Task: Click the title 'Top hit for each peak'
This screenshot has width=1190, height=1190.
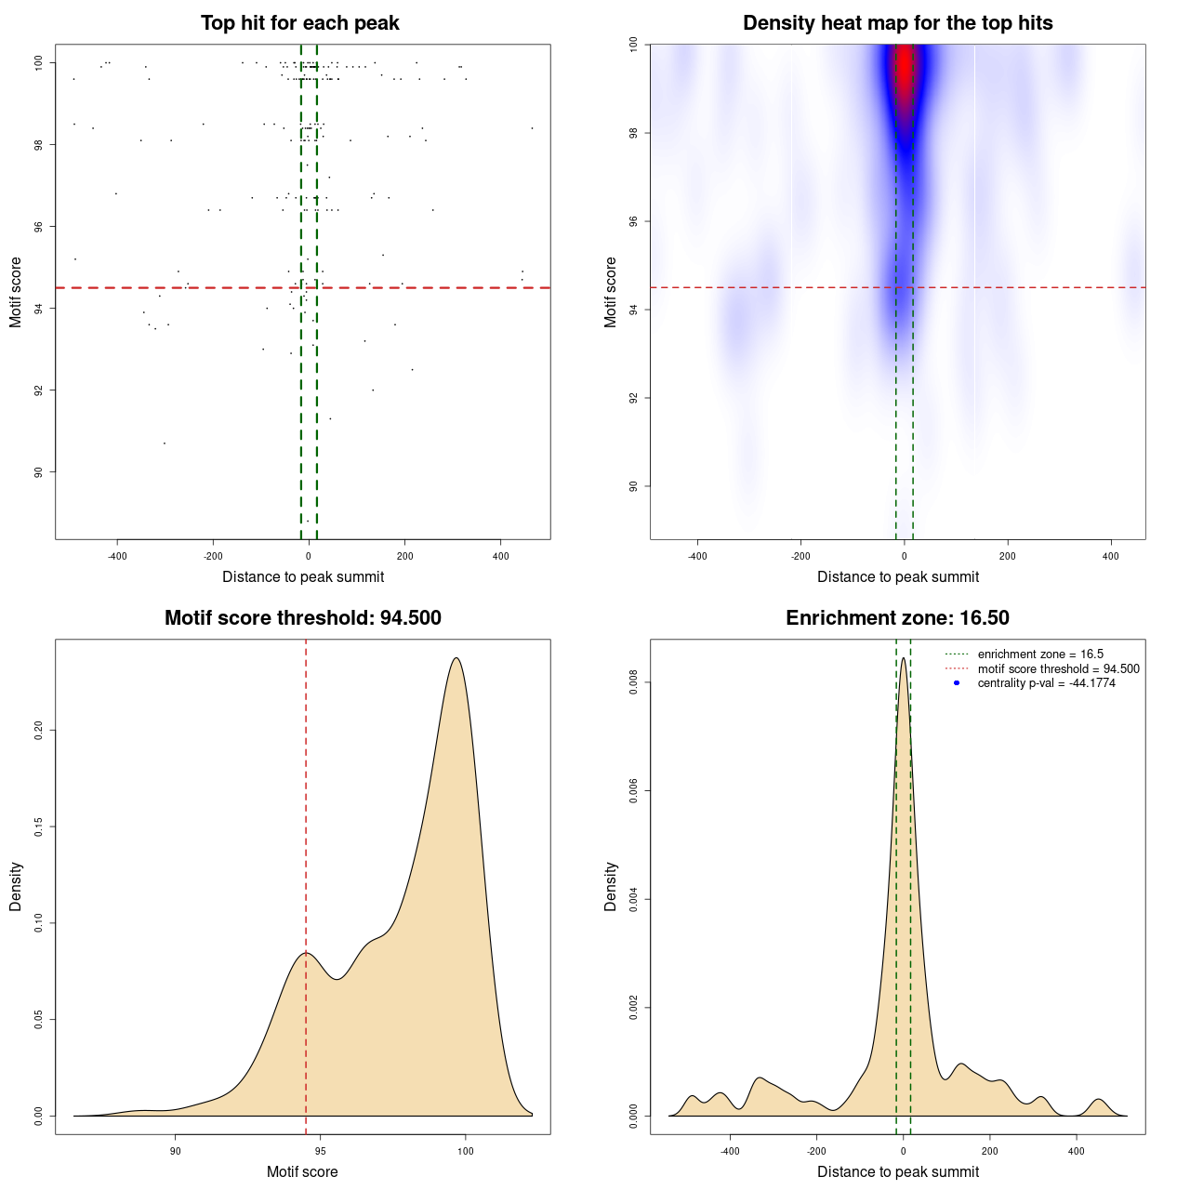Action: (x=299, y=23)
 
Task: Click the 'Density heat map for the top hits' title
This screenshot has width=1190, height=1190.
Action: (x=897, y=23)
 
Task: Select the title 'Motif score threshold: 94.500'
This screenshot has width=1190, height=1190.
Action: (x=302, y=618)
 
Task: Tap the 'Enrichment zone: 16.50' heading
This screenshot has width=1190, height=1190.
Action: (x=897, y=618)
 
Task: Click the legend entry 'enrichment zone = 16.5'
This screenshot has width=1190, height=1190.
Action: (x=1039, y=654)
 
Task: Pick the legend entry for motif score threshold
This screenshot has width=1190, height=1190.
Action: (x=1058, y=669)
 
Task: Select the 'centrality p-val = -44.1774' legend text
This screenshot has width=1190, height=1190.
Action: (x=1046, y=683)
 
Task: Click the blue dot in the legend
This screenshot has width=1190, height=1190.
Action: (x=957, y=683)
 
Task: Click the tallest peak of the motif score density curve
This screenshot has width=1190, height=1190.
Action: (x=456, y=658)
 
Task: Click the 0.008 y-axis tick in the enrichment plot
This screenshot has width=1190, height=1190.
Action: (x=634, y=683)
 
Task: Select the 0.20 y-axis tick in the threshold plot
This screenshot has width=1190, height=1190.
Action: (x=39, y=731)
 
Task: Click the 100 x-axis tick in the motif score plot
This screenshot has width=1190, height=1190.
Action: (x=466, y=1151)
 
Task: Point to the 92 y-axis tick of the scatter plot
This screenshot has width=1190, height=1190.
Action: (x=39, y=390)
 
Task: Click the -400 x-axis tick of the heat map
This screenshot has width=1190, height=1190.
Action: (x=697, y=556)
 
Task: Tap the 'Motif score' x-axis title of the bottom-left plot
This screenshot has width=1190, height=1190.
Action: (x=302, y=1171)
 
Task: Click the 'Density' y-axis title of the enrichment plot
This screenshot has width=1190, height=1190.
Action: (x=611, y=886)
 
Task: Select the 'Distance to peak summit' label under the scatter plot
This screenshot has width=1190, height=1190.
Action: (x=303, y=576)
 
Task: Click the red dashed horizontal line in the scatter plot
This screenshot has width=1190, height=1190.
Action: (x=186, y=288)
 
